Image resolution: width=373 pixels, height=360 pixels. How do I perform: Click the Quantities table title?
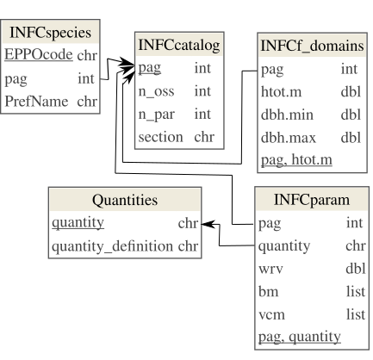click(124, 201)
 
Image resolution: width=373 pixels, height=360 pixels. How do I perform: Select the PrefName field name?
click(37, 100)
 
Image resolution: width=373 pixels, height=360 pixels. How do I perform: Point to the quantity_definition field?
click(113, 247)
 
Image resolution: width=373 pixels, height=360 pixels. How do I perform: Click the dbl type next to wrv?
click(353, 269)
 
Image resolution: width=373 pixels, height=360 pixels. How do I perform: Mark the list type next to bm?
click(353, 292)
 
